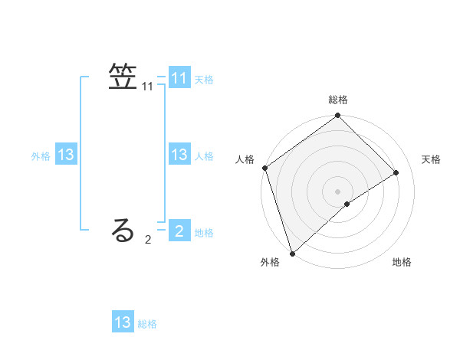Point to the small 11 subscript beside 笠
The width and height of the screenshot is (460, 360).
(148, 88)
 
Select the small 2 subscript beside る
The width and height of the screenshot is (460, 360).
(148, 240)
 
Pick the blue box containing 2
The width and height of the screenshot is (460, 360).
(179, 231)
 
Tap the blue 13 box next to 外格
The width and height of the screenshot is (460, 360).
(66, 155)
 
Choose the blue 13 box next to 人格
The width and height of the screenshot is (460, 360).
(179, 155)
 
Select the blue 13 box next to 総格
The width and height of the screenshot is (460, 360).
(123, 322)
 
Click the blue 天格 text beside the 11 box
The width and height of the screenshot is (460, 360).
(204, 79)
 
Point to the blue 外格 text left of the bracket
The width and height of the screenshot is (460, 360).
(41, 156)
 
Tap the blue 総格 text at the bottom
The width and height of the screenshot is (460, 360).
(147, 324)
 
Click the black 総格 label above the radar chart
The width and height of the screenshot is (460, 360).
(338, 100)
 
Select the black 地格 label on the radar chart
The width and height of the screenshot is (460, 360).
(402, 263)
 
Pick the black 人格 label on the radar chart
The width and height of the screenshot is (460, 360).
(245, 159)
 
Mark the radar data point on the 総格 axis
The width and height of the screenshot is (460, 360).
(338, 116)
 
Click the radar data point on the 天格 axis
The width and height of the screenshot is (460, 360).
(396, 172)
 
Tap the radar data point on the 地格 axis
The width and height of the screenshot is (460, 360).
(347, 204)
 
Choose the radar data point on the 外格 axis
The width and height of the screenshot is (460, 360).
(292, 253)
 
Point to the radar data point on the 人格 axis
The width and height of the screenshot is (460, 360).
(264, 168)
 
